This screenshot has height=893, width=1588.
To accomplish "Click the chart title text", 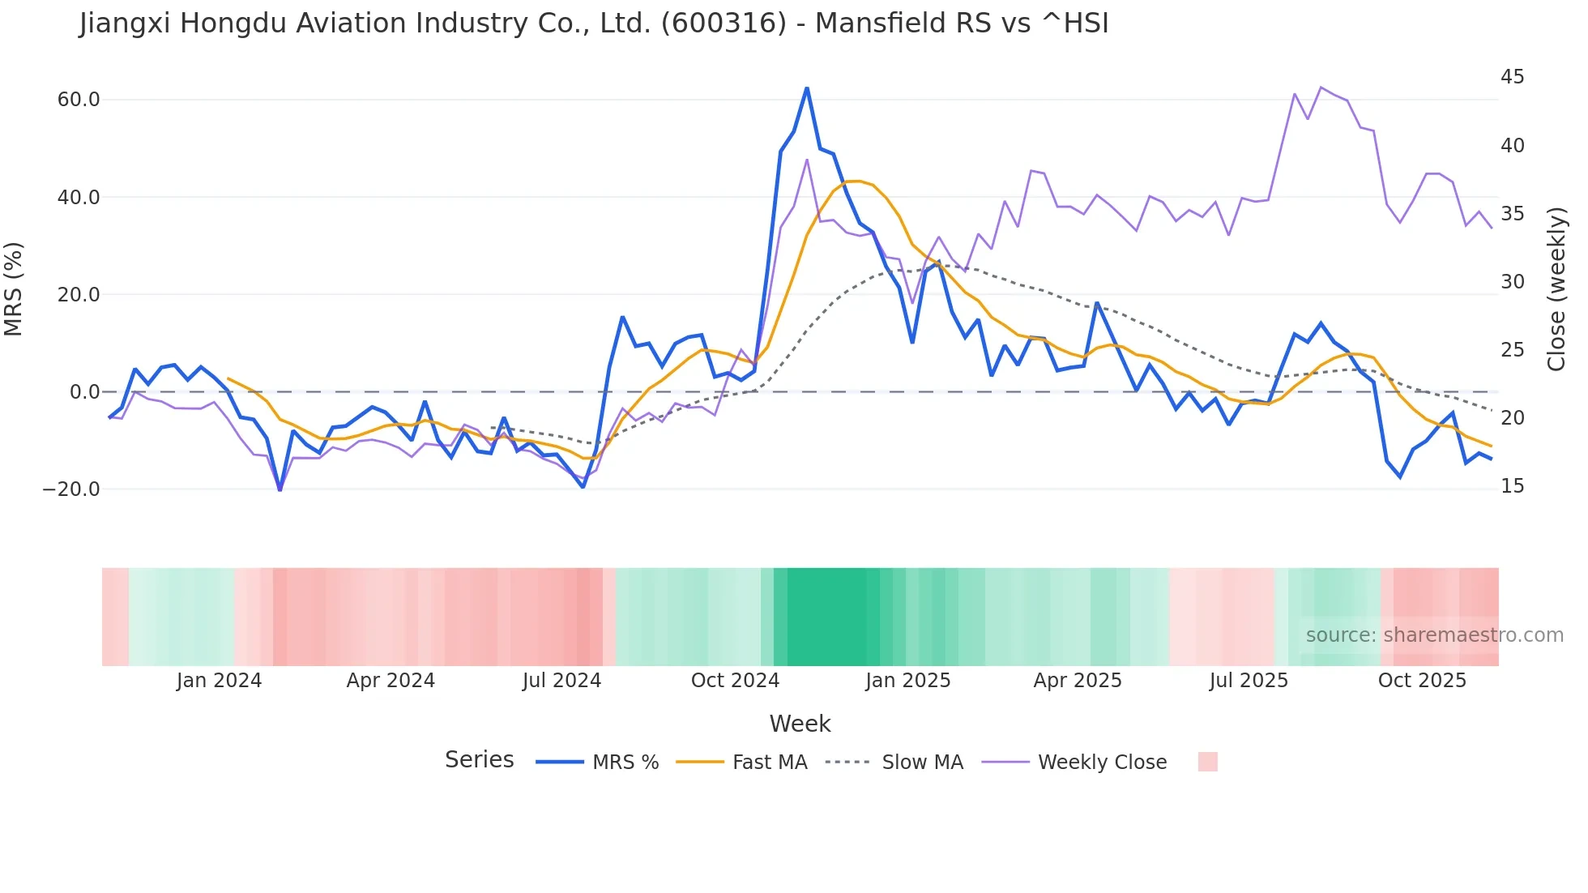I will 593,23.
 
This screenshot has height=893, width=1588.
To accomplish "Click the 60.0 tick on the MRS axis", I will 79,100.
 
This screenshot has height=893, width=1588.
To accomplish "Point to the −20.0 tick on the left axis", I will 71,489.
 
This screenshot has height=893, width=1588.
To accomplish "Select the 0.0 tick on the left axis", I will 84,392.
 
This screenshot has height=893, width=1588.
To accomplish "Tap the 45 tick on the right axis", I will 1512,77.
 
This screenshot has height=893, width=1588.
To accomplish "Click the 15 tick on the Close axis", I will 1512,486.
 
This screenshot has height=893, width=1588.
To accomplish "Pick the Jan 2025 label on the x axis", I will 907,681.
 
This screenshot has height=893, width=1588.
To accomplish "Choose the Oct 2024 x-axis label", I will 735,681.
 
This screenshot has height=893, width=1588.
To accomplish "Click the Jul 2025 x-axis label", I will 1249,681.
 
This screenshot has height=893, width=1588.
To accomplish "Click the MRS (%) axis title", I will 14,288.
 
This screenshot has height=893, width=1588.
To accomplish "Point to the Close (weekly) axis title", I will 1556,289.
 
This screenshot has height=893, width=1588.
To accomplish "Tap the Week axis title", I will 800,724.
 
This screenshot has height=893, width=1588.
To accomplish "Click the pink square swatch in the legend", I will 1207,762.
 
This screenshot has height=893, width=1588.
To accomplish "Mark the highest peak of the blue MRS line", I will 807,88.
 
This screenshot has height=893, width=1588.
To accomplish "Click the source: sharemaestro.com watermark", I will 1434,635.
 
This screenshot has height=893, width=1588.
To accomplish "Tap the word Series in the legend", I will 479,760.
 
